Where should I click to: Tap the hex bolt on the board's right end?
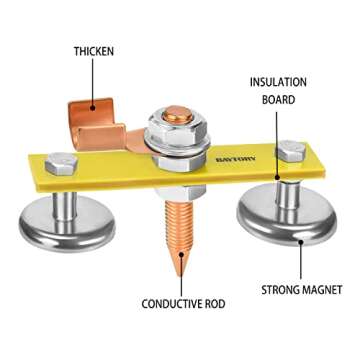point(291,150)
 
